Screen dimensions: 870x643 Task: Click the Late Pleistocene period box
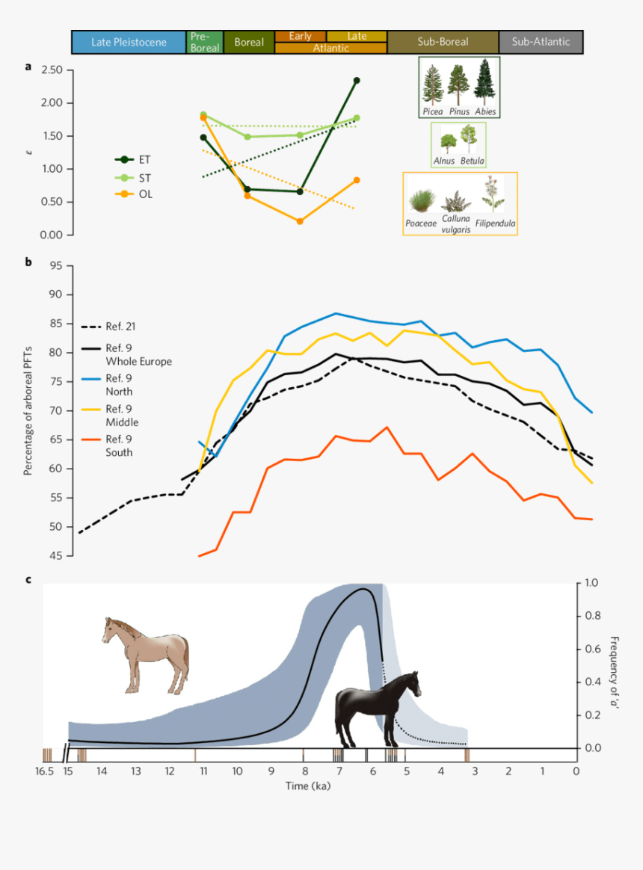point(129,42)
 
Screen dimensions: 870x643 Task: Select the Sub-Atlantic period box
point(541,42)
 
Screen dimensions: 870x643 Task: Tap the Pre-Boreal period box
point(204,42)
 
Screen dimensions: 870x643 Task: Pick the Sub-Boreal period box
point(443,42)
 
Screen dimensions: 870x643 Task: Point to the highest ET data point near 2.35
point(357,81)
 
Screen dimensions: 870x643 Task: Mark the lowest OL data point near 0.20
point(300,221)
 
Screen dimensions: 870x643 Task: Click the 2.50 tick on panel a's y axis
point(52,70)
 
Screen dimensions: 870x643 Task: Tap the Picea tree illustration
point(432,84)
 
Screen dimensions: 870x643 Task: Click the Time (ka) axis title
point(308,786)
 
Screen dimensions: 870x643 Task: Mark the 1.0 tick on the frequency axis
point(592,583)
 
